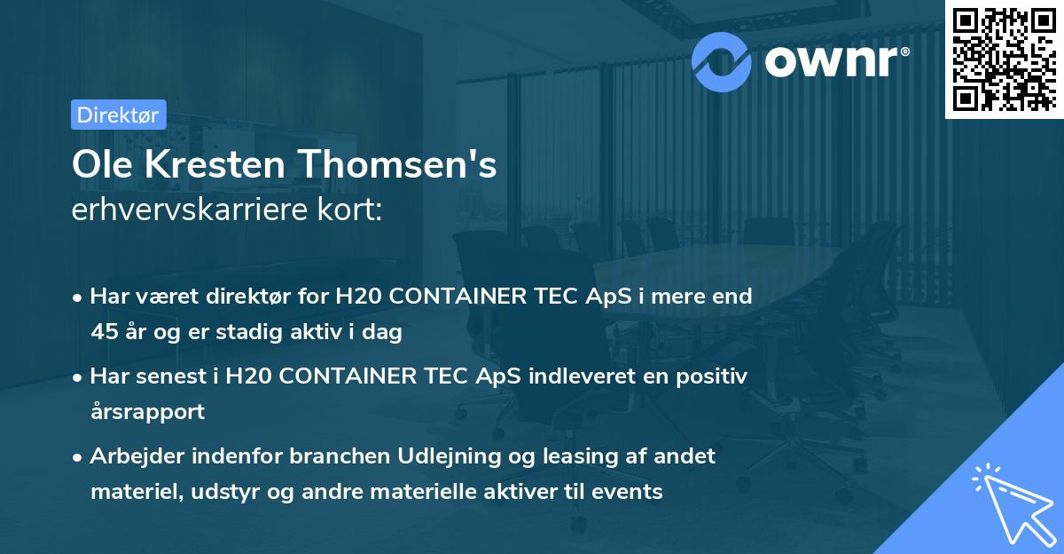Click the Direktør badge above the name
[x=118, y=115]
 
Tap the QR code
[x=1004, y=59]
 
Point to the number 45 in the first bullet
[x=105, y=333]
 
